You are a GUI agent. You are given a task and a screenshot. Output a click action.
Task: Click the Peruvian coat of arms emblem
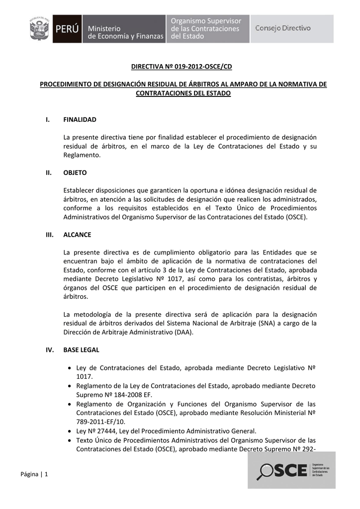click(x=39, y=29)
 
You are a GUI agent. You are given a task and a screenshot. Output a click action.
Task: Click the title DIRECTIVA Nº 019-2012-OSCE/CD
click(x=181, y=66)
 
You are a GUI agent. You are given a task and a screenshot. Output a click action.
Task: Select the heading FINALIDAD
click(x=80, y=120)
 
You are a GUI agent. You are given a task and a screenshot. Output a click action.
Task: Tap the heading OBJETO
click(x=75, y=172)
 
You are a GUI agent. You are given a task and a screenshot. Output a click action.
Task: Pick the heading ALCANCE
click(x=77, y=235)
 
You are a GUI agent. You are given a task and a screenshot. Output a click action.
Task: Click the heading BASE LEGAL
click(x=81, y=349)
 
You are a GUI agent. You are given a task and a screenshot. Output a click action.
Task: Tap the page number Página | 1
click(x=34, y=474)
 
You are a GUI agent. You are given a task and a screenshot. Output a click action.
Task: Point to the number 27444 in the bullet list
click(x=101, y=431)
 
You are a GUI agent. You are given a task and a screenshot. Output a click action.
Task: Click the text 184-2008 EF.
click(x=126, y=395)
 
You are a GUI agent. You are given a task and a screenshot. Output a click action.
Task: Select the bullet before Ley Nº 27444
click(x=70, y=431)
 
